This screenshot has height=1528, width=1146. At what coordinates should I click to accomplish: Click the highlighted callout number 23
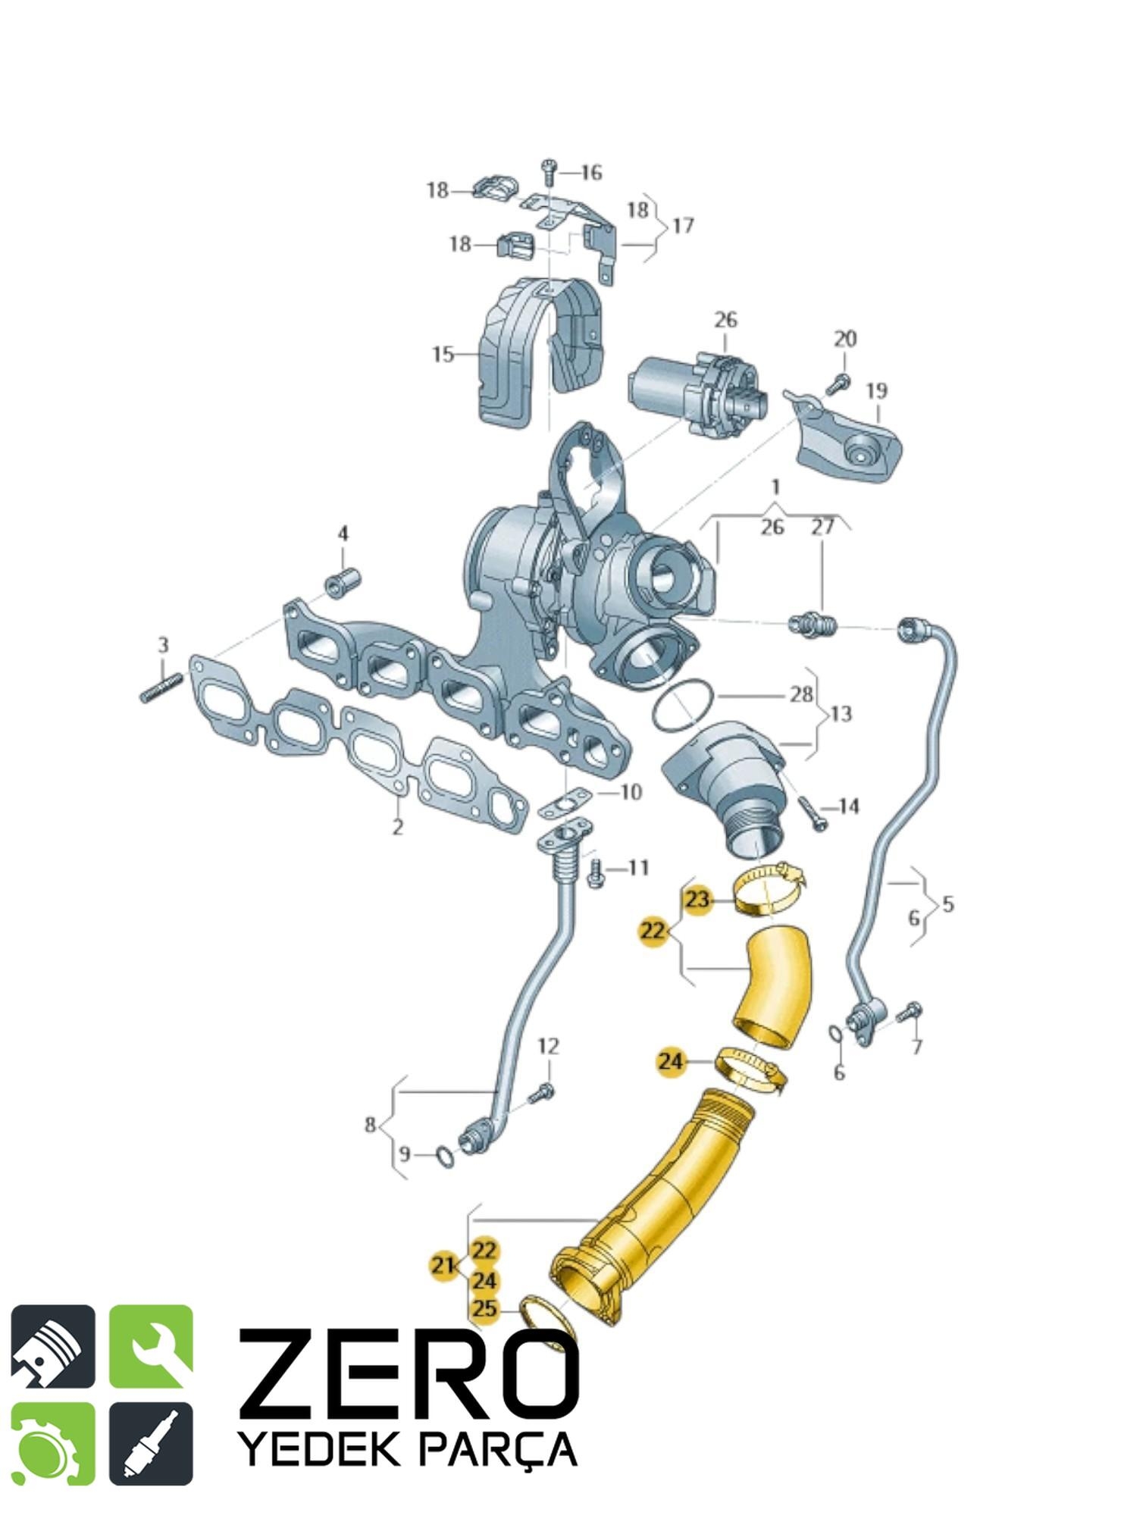[697, 900]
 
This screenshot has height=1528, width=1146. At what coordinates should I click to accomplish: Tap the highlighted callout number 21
[443, 1265]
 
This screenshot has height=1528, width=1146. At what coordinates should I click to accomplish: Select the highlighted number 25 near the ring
[485, 1308]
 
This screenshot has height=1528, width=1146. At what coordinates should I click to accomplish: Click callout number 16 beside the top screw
[591, 173]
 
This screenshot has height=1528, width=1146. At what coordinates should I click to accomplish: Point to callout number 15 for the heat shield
[443, 354]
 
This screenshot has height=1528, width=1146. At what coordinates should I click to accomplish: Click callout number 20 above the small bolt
[845, 339]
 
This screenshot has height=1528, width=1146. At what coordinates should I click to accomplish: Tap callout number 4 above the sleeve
[343, 534]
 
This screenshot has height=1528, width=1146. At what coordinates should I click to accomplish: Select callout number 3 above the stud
[163, 645]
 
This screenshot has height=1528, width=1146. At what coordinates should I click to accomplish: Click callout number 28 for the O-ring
[801, 694]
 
